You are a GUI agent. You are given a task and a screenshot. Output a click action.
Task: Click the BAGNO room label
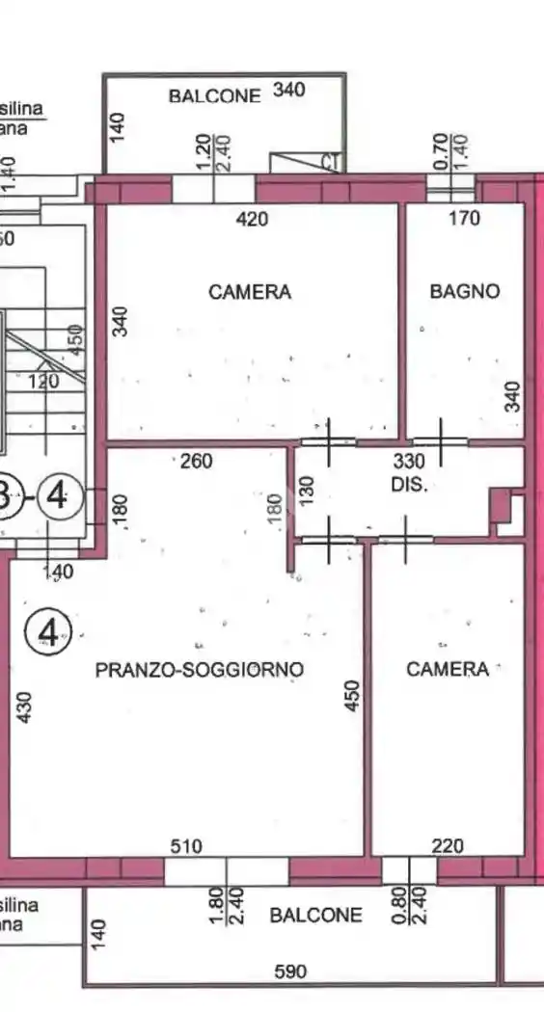pyautogui.click(x=465, y=290)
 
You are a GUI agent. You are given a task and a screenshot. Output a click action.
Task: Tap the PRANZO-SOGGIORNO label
pyautogui.click(x=200, y=669)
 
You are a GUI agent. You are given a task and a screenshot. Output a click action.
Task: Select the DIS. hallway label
pyautogui.click(x=409, y=486)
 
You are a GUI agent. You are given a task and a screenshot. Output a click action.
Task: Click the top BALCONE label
pyautogui.click(x=214, y=95)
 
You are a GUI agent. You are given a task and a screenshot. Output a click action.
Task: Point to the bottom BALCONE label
pyautogui.click(x=315, y=916)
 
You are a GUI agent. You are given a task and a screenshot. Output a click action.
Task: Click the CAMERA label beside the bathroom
pyautogui.click(x=250, y=291)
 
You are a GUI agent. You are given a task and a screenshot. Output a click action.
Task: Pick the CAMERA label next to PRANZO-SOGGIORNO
pyautogui.click(x=448, y=669)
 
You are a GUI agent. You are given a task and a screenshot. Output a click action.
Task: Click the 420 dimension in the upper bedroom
pyautogui.click(x=252, y=219)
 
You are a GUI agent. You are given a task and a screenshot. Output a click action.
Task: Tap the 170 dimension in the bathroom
pyautogui.click(x=464, y=219)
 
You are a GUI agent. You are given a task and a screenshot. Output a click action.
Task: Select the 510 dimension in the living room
pyautogui.click(x=185, y=846)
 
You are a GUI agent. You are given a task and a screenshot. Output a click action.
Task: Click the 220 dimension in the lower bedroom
pyautogui.click(x=448, y=846)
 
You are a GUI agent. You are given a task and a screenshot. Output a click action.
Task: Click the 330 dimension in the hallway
pyautogui.click(x=409, y=462)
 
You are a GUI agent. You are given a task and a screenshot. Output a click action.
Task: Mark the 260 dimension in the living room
pyautogui.click(x=197, y=462)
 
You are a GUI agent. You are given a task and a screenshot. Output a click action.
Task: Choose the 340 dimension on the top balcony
pyautogui.click(x=289, y=91)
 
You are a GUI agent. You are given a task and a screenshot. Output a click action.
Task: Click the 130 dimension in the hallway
pyautogui.click(x=308, y=492)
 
